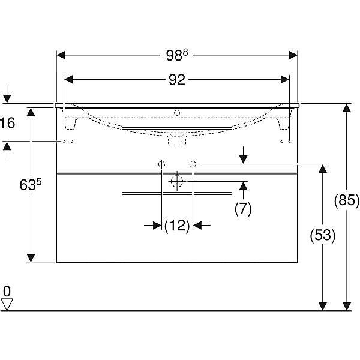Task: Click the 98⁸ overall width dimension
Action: coord(177,55)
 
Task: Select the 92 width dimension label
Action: coord(177,80)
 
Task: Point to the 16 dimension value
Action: coord(8,123)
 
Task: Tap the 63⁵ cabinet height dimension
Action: coord(31,185)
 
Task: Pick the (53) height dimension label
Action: coord(323,235)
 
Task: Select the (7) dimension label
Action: coord(243,209)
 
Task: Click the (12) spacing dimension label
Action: coord(177,226)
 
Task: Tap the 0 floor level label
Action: coord(7,291)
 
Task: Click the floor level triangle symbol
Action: coord(7,304)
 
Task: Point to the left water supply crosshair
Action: coord(161,164)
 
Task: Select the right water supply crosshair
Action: coord(193,164)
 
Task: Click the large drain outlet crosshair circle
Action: coord(177,181)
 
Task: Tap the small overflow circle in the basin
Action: coord(177,113)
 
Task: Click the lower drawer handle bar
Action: coord(177,194)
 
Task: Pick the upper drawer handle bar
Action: coord(177,128)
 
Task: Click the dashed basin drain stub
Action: coord(177,139)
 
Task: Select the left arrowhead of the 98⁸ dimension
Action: coord(61,55)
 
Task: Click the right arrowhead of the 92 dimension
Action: coord(285,80)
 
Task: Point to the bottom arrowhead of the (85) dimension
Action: coord(346,307)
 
